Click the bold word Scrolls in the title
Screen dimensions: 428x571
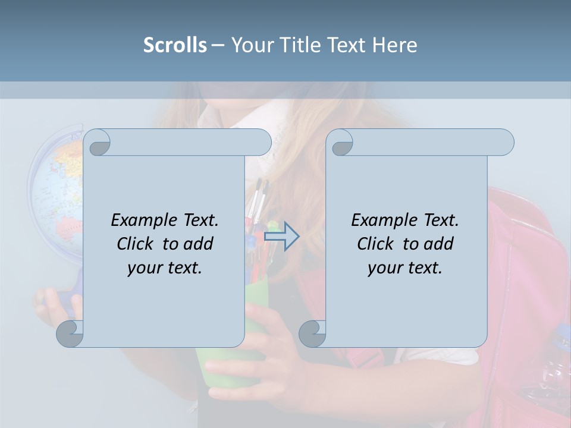coord(175,45)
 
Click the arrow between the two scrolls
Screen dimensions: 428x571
coord(281,236)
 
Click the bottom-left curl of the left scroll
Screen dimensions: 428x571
coord(70,333)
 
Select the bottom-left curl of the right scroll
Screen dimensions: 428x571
coord(312,333)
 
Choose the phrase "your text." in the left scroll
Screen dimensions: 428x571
coord(165,267)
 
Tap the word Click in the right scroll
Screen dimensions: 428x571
coord(375,244)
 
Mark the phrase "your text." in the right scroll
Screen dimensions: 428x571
coord(405,267)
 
